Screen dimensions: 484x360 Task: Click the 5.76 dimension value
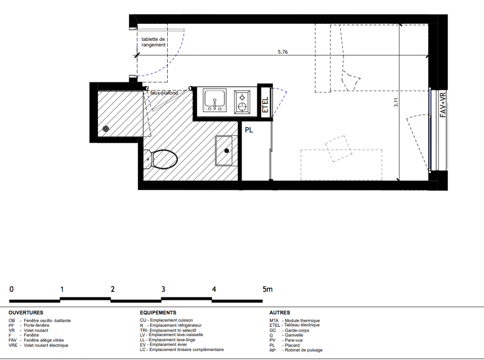(x=282, y=52)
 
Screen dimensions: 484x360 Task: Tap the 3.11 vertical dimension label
(x=396, y=102)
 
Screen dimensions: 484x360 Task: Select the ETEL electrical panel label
(x=265, y=105)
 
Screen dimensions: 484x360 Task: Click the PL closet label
(x=249, y=130)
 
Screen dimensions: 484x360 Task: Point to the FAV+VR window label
(x=443, y=104)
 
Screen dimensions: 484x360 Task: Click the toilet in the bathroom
(x=161, y=159)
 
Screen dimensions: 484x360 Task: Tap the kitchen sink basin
(x=215, y=100)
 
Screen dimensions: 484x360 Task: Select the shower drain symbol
(x=106, y=129)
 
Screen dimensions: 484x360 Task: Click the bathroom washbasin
(x=224, y=151)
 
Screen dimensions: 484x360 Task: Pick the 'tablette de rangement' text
(x=153, y=42)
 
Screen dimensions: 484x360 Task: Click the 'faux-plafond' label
(x=164, y=93)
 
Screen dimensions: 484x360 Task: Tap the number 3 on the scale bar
(x=163, y=289)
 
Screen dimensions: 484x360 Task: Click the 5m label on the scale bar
(x=268, y=289)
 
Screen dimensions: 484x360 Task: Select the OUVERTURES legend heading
(x=26, y=313)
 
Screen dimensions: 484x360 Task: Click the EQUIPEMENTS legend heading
(x=158, y=313)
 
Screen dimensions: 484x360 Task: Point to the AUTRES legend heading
(x=280, y=313)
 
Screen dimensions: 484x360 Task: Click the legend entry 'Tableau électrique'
(x=302, y=325)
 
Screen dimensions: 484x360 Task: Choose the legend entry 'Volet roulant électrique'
(x=46, y=346)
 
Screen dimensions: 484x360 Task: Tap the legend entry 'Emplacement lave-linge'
(x=172, y=340)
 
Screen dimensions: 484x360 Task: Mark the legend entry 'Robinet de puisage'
(x=304, y=350)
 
